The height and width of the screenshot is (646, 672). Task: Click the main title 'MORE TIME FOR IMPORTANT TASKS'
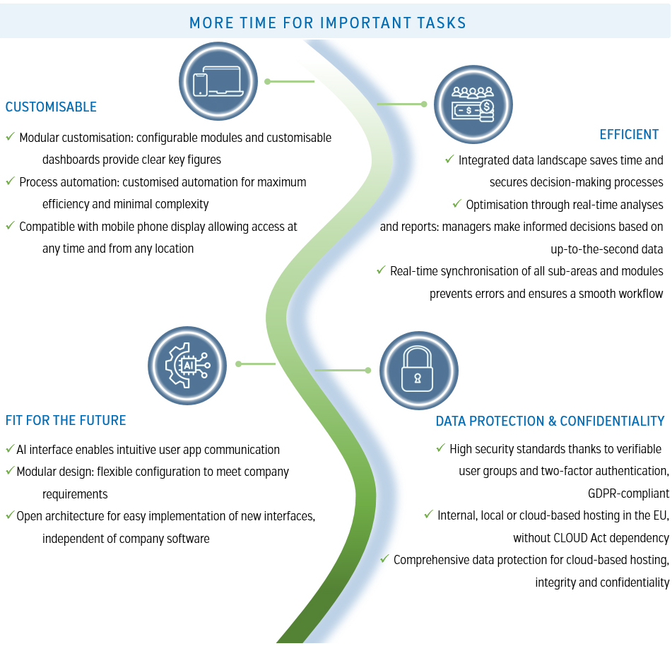point(327,23)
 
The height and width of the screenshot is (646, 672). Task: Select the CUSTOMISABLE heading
point(51,107)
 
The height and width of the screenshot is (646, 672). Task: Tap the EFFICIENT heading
point(629,134)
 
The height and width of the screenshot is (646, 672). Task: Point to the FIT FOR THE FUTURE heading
point(66,420)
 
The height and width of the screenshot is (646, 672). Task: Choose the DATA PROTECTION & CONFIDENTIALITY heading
point(550,421)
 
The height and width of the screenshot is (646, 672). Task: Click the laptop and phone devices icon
point(218,81)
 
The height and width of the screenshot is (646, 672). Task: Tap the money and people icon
point(473,104)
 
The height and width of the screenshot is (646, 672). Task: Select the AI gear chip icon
point(187,366)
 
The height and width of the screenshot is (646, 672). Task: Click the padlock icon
point(419,371)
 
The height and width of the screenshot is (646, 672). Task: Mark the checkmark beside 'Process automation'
point(11,181)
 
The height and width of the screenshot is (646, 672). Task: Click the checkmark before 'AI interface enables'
point(10,448)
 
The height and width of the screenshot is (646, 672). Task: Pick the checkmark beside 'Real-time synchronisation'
point(381,270)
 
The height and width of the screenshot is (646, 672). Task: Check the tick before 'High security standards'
point(440,448)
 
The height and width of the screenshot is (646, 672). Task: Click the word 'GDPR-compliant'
point(628,494)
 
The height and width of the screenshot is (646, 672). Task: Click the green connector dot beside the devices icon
point(267,81)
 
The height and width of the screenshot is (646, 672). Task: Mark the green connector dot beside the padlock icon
point(368,371)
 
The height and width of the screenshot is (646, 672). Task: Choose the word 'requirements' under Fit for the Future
point(75,494)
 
